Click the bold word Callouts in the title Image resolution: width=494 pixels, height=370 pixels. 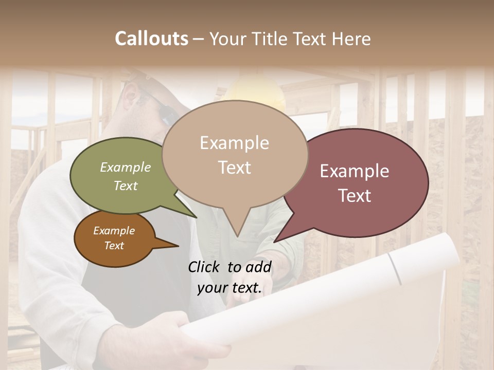tap(151, 39)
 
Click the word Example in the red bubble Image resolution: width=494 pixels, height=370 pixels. tap(355, 171)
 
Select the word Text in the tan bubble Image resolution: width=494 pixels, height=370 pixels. tap(235, 168)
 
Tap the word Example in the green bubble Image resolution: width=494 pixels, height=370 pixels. tap(126, 168)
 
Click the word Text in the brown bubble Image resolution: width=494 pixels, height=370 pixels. tap(114, 246)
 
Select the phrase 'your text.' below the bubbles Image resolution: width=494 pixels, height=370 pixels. tap(230, 288)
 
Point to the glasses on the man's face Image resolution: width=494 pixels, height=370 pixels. tap(160, 105)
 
